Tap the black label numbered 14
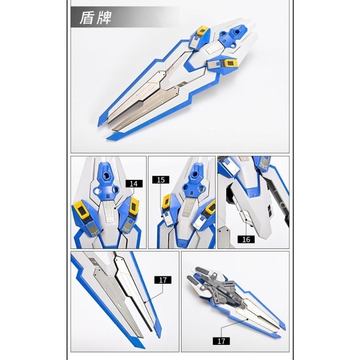(x=134, y=184)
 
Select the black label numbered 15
(x=161, y=180)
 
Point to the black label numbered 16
(x=246, y=239)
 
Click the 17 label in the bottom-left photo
(x=163, y=280)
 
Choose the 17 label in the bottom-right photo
(x=221, y=341)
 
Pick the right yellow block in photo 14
(x=134, y=206)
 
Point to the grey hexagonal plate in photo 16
(x=225, y=239)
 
